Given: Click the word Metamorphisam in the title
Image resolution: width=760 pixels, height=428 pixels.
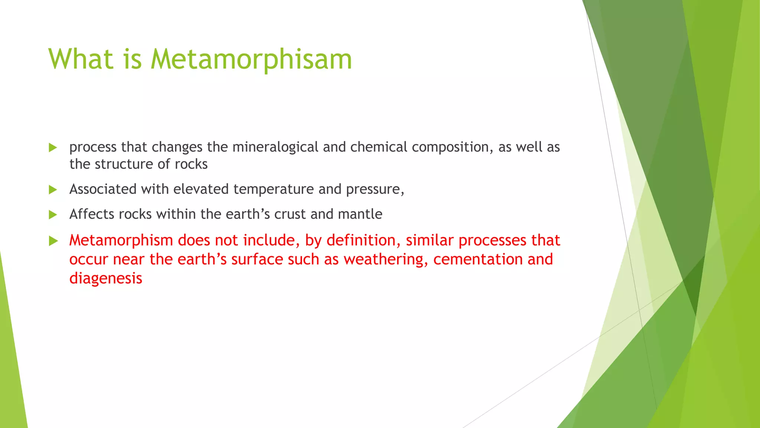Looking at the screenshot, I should pos(251,59).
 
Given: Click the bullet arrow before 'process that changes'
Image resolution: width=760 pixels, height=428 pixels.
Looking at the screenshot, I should pos(53,148).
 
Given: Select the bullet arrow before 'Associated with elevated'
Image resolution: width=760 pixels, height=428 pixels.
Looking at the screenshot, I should pos(53,190).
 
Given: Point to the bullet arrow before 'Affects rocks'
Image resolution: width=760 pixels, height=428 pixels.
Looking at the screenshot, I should pos(53,215).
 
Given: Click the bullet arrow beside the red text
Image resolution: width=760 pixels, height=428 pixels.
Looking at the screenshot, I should pos(53,241).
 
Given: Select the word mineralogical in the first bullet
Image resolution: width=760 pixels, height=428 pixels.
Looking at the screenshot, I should pos(275,147).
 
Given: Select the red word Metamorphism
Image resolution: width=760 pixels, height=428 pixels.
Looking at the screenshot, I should pos(121,240).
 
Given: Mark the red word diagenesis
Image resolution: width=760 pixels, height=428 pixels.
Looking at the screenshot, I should pos(106,278).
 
